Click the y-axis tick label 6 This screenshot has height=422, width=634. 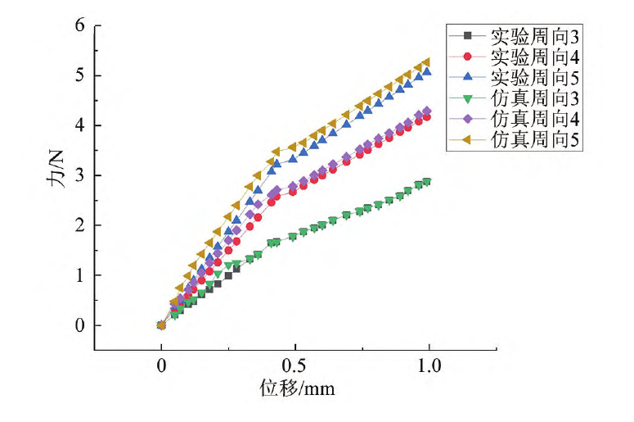tap(79, 25)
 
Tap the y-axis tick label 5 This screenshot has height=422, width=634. tap(79, 75)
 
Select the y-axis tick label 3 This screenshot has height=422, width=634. tap(79, 175)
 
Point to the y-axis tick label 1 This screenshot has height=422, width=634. tap(79, 275)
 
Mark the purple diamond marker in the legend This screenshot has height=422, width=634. tap(468, 119)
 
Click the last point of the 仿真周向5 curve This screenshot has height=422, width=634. tap(426, 62)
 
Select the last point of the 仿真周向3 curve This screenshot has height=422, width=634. tap(426, 182)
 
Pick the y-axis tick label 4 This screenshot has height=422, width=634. tap(79, 125)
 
